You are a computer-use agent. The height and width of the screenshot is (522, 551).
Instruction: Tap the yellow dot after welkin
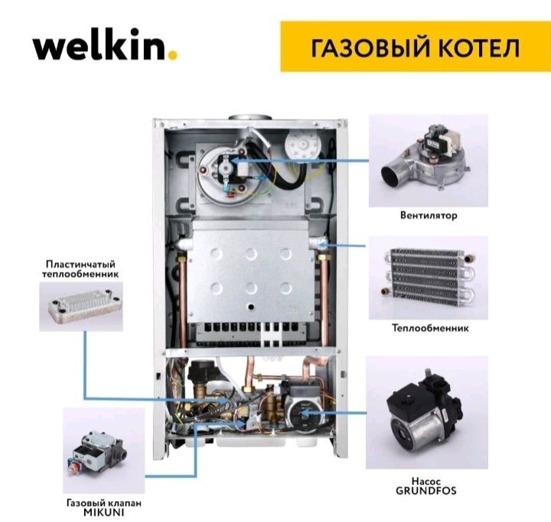[174, 54]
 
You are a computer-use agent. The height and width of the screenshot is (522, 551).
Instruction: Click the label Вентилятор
[429, 216]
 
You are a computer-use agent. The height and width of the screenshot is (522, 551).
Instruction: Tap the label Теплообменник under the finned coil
[429, 328]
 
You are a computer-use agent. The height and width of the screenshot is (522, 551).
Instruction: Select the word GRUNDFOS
[427, 491]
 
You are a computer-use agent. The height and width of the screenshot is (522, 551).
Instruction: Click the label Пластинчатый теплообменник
[81, 268]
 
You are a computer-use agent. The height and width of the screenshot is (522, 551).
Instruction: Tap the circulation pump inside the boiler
[302, 413]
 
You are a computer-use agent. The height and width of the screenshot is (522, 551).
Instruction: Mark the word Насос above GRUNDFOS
[427, 480]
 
